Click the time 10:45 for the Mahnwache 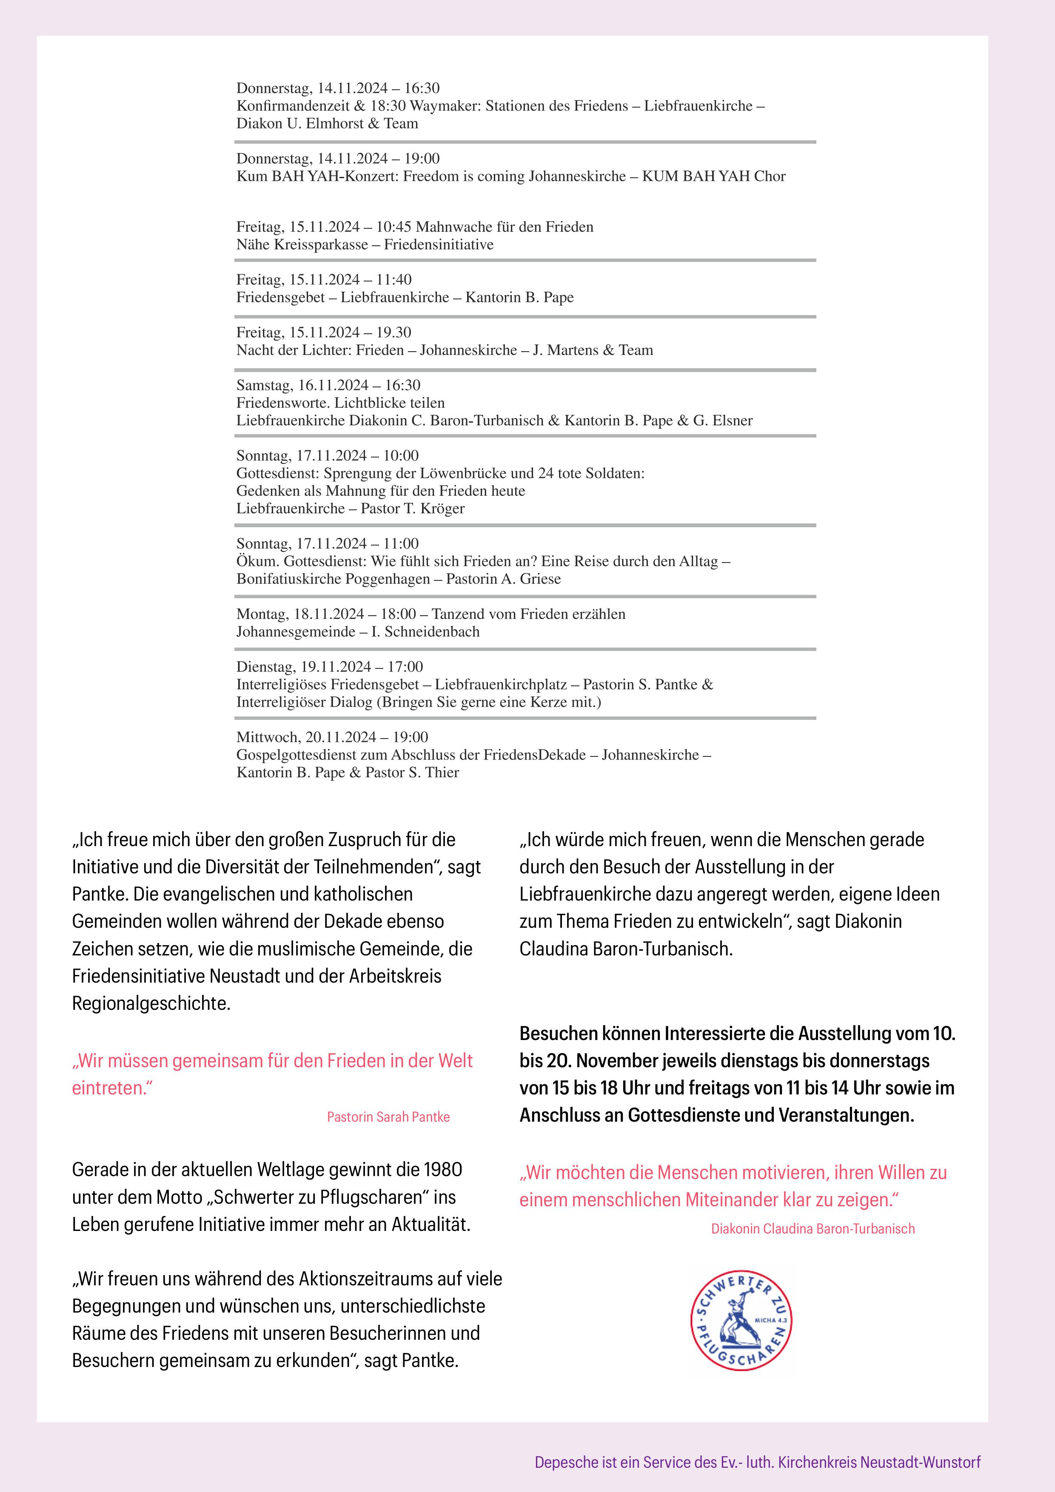pos(393,227)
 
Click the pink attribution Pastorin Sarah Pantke pos(388,1117)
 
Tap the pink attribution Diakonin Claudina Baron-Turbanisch pos(813,1229)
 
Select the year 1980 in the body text pos(442,1170)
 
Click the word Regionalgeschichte pos(151,1003)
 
